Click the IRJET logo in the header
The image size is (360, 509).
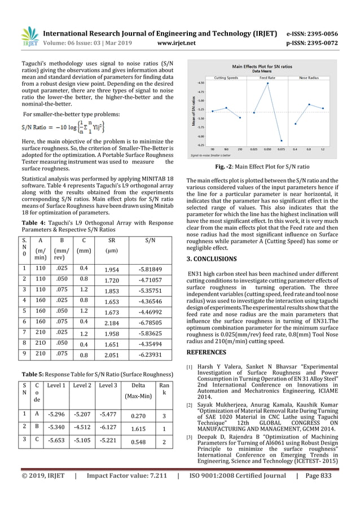(x=28, y=34)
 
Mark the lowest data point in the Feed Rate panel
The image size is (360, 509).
(x=281, y=141)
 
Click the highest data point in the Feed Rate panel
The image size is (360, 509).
(x=267, y=83)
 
